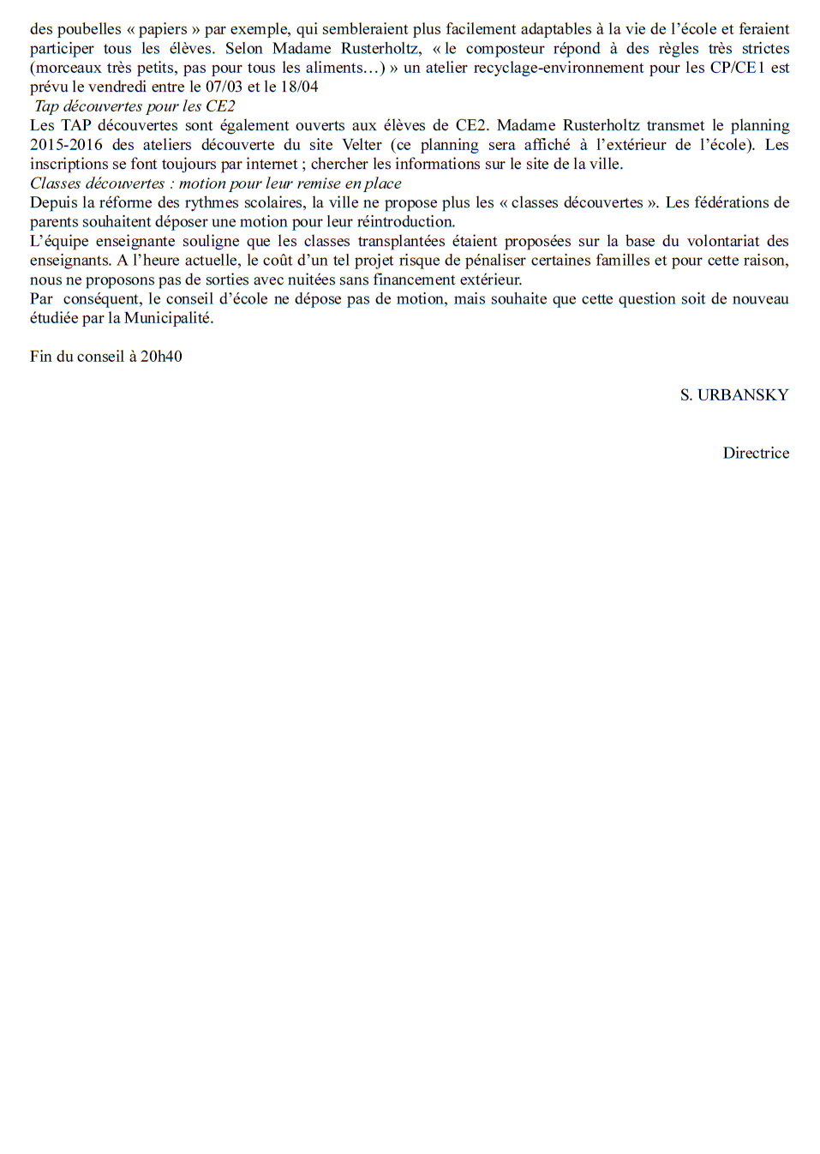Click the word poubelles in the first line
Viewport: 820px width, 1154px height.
pos(89,29)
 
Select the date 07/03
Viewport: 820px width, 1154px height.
pos(224,87)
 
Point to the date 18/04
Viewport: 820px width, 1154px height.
pos(299,87)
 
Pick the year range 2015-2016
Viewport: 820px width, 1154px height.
pos(66,145)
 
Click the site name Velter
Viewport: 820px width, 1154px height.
pos(362,145)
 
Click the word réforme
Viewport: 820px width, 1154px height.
pos(128,202)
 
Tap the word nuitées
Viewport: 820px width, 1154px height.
pos(296,279)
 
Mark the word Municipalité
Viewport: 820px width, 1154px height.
pos(169,318)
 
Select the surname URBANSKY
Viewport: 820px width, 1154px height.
pos(743,395)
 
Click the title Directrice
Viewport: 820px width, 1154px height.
pos(756,453)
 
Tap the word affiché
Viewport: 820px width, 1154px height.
pos(547,145)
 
